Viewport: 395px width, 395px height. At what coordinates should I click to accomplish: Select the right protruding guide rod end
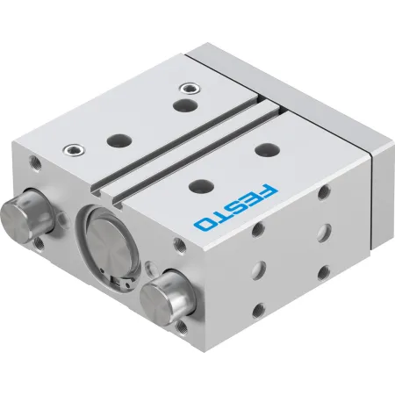[168, 298]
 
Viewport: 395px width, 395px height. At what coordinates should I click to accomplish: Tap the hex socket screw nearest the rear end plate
[190, 89]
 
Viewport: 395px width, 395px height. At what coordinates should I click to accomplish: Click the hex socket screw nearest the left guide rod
[74, 150]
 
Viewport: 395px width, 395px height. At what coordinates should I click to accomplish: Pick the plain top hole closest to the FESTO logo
[201, 186]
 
